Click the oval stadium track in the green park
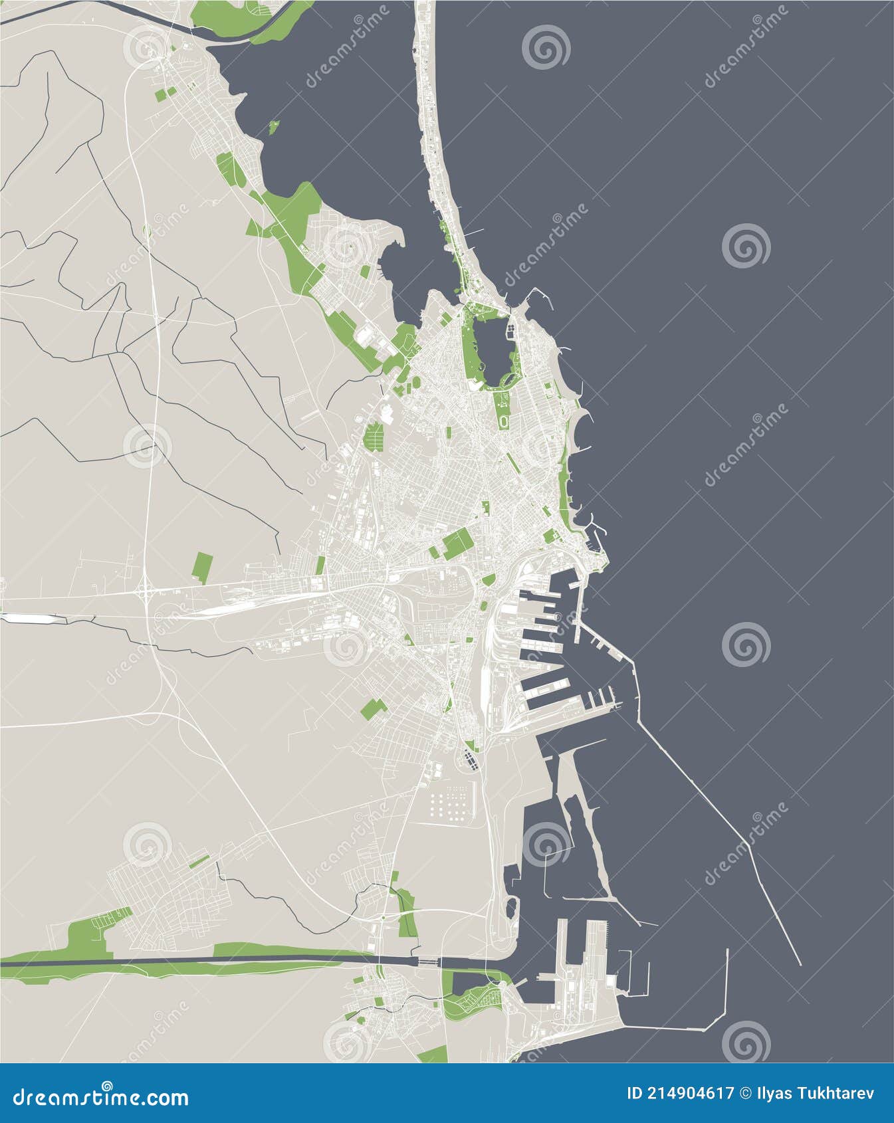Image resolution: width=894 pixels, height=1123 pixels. coord(503,421)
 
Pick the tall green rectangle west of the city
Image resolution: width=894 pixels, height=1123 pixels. coord(201,568)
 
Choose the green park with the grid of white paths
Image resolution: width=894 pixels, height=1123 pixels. coord(374,436)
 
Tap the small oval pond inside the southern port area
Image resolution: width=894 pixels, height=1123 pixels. coord(511,908)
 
